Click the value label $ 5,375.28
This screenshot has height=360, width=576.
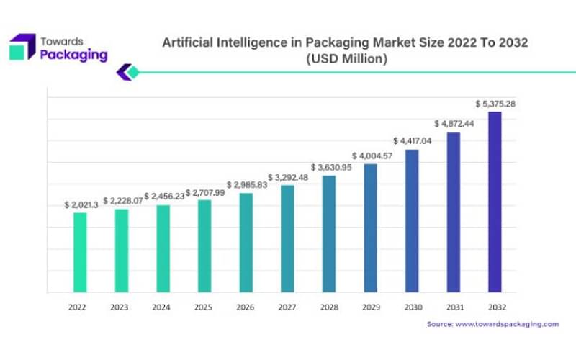click(x=495, y=104)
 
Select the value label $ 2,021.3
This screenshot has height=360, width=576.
click(x=80, y=205)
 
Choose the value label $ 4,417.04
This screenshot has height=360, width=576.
click(x=412, y=141)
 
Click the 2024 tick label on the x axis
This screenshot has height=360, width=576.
click(x=163, y=307)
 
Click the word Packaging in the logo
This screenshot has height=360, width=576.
click(x=74, y=55)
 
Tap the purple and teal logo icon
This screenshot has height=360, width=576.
click(x=22, y=47)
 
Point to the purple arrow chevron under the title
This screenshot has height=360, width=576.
click(x=124, y=72)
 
